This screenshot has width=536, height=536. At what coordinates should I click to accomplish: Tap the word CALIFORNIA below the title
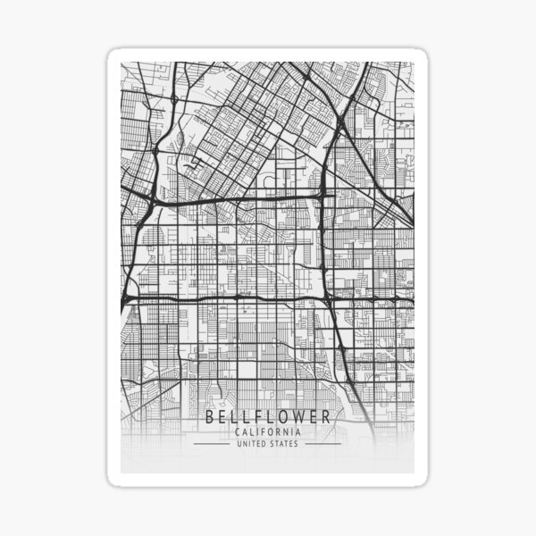[x=267, y=432]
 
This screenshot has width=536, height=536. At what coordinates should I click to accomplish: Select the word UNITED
[x=252, y=443]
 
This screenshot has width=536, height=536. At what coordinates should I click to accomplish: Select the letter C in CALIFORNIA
[x=237, y=432]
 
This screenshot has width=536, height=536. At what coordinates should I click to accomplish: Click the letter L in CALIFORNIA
[x=252, y=432]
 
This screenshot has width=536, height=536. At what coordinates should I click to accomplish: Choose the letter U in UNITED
[x=239, y=443]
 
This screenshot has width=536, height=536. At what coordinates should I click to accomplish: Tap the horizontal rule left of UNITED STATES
[x=212, y=443]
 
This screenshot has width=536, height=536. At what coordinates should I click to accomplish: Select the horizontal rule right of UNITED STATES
[x=322, y=443]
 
